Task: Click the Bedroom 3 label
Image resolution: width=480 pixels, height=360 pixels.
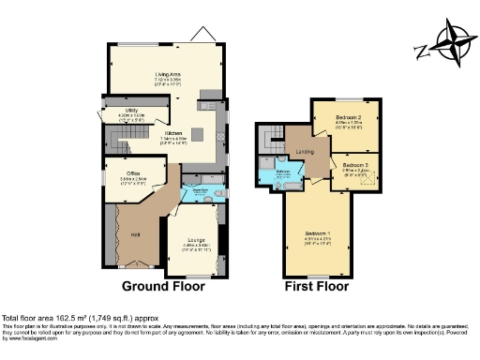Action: pyautogui.click(x=354, y=164)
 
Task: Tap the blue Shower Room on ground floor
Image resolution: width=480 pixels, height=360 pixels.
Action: pyautogui.click(x=199, y=191)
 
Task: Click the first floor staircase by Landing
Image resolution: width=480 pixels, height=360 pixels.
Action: pyautogui.click(x=273, y=142)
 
